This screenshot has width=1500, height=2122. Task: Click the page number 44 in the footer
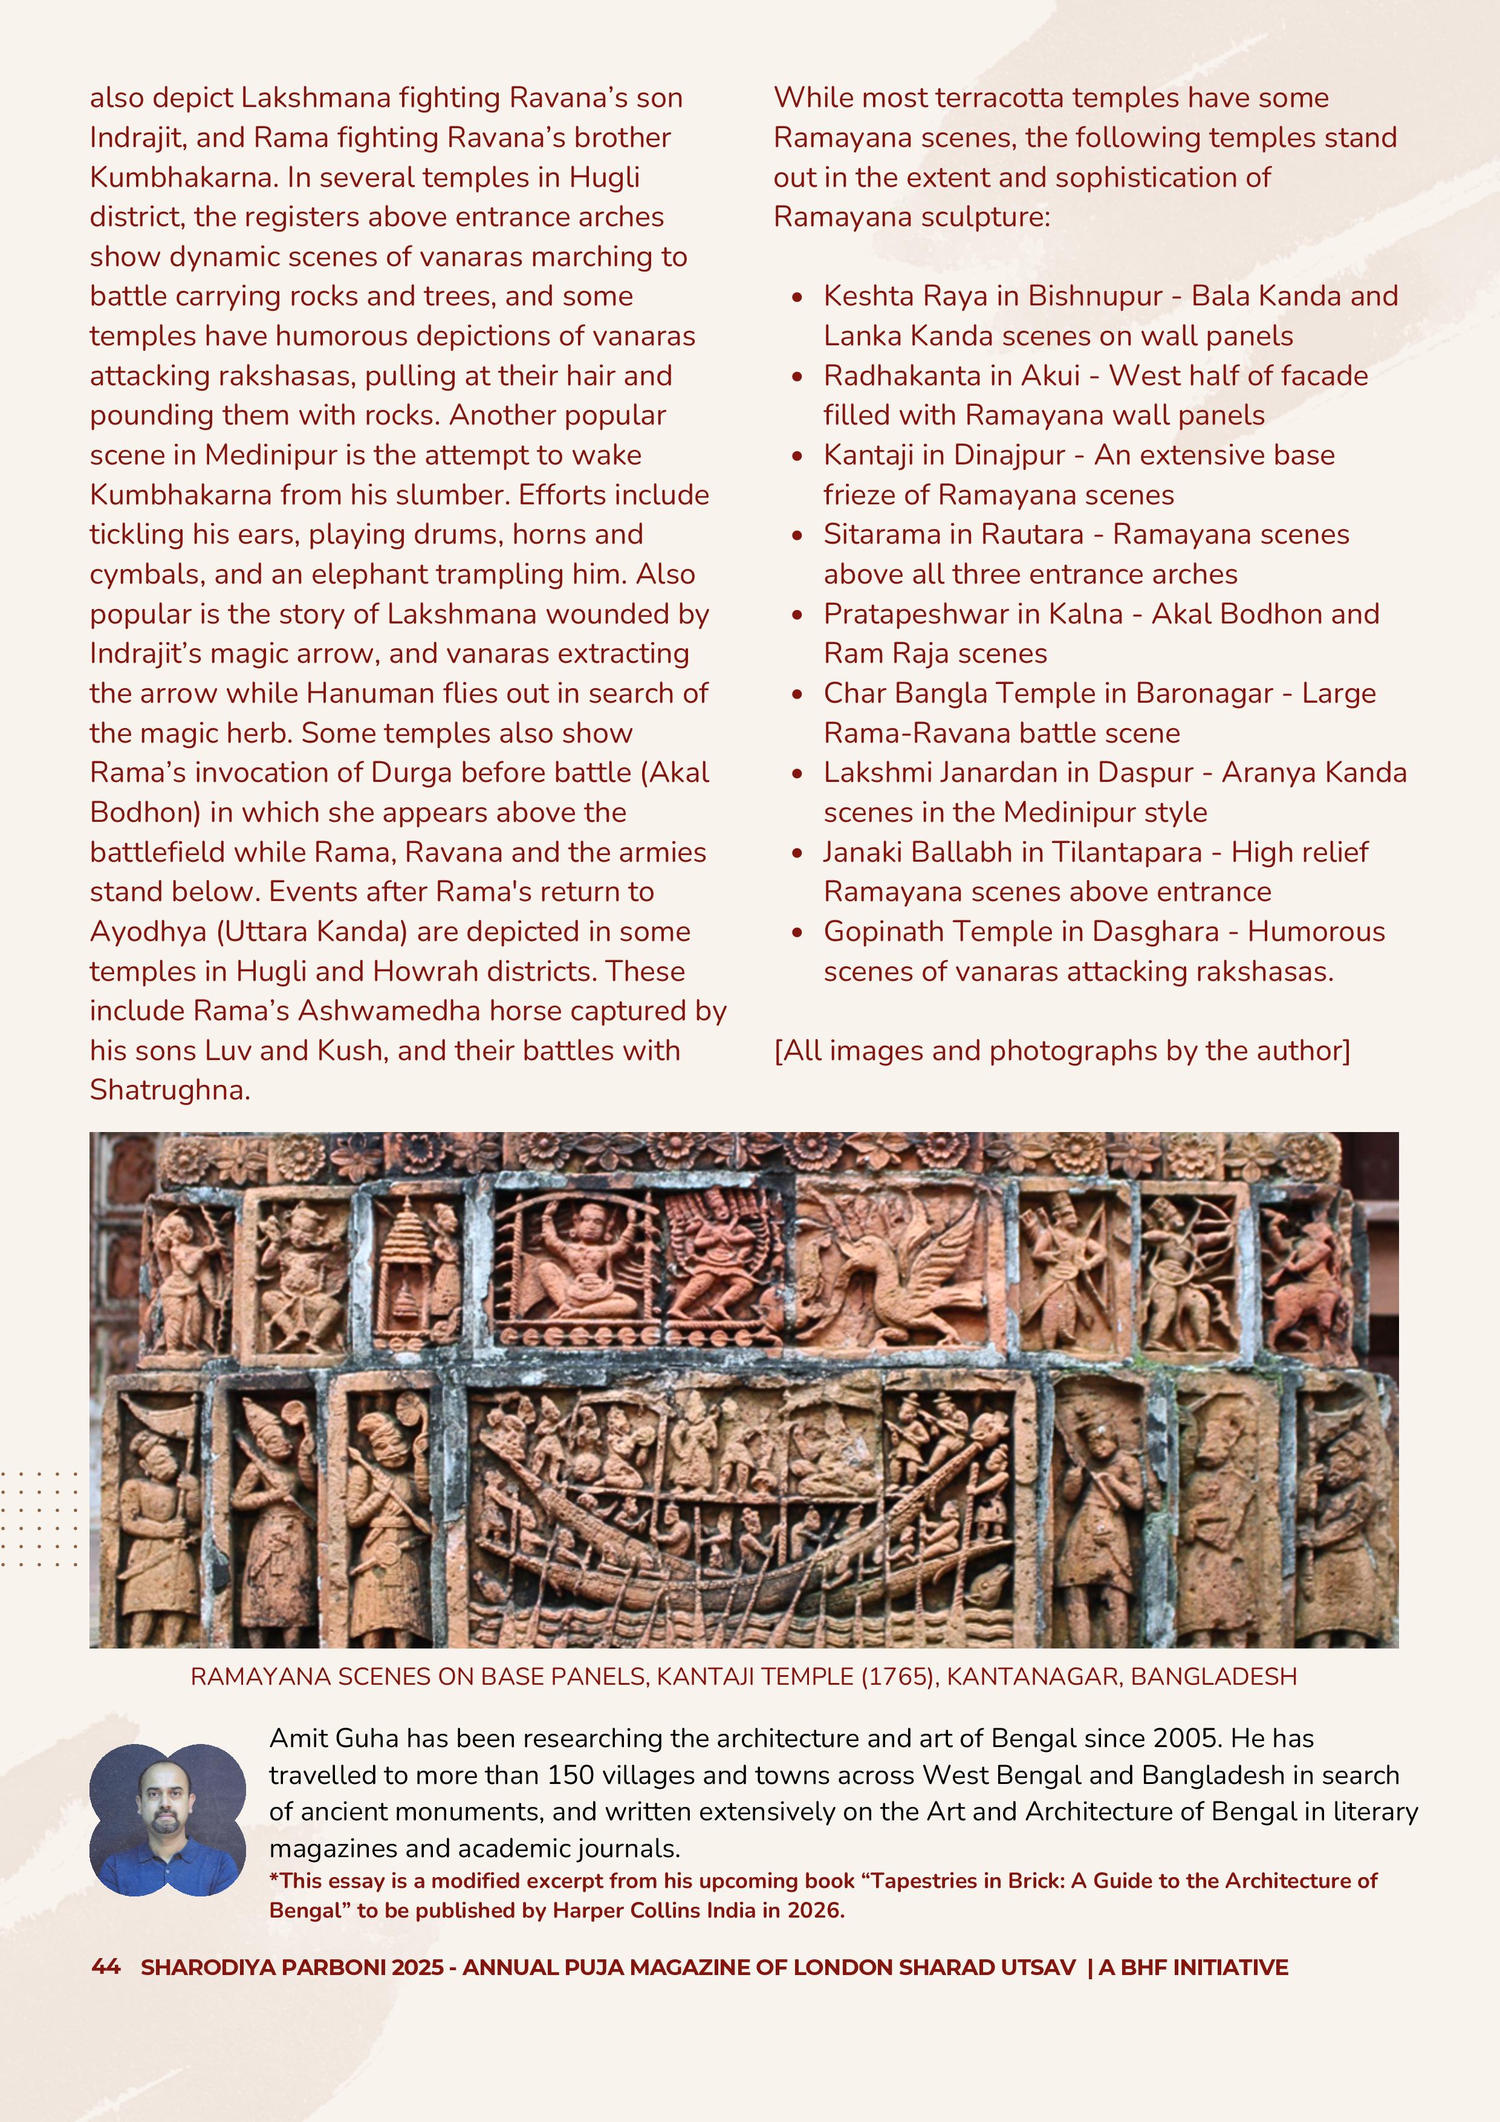pos(105,1967)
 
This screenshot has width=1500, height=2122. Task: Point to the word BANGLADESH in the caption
pos(1213,1676)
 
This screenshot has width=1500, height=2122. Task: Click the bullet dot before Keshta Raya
pos(797,298)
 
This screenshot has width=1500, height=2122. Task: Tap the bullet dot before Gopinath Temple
pos(797,932)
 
